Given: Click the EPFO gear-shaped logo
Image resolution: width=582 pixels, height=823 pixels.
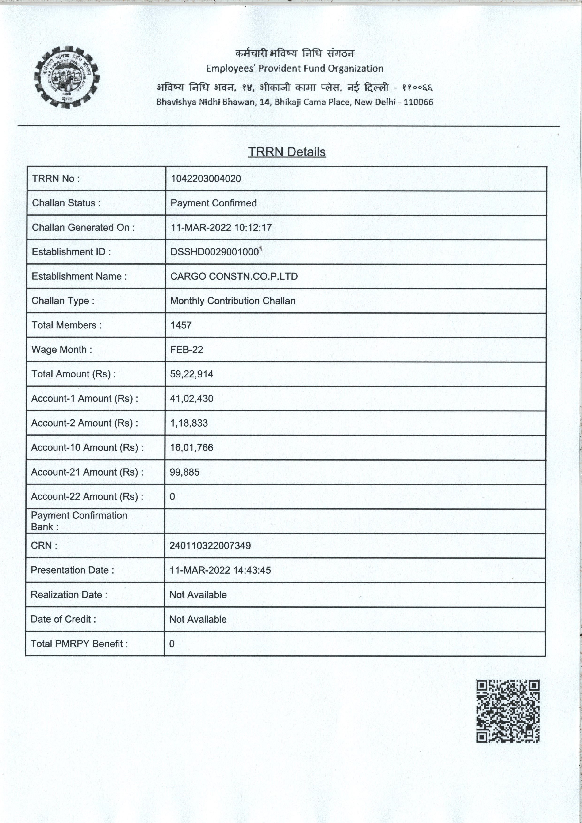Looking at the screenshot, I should [x=67, y=77].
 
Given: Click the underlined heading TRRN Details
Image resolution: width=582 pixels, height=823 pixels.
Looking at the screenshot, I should [x=287, y=152].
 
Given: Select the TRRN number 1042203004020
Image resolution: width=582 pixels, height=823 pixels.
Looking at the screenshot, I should [x=206, y=179].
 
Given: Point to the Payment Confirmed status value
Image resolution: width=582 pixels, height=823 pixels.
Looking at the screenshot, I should [x=213, y=203].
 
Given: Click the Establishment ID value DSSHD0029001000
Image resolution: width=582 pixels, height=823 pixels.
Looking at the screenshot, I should [x=214, y=252].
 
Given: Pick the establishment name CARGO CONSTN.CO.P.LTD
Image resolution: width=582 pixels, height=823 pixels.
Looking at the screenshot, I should [x=234, y=276].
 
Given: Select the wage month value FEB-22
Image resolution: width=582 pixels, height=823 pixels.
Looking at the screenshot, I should [x=187, y=350].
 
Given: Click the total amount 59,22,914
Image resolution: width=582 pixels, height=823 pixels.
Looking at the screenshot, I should [x=191, y=374].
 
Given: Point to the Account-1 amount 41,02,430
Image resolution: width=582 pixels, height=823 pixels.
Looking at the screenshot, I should [x=191, y=399].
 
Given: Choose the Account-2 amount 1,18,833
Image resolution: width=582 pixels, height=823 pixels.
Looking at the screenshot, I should [x=189, y=423].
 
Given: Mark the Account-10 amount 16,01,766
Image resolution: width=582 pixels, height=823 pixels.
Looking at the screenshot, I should [x=191, y=447].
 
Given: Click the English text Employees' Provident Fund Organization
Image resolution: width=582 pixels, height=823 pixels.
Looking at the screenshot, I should [x=295, y=69].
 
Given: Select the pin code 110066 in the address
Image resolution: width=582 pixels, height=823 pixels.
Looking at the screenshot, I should [x=418, y=102].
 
